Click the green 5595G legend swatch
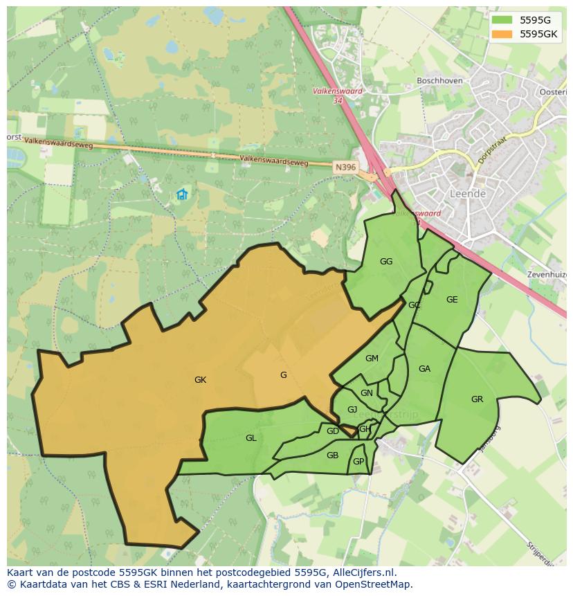[503, 20]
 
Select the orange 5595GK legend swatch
[503, 34]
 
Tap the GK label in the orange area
[201, 380]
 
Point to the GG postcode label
[386, 262]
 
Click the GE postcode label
[452, 300]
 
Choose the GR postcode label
[477, 399]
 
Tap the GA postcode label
[424, 369]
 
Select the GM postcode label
[372, 359]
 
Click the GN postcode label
[367, 393]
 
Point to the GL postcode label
[251, 438]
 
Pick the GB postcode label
[332, 455]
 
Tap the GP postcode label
[358, 462]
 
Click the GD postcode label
[332, 431]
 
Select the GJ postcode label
[352, 410]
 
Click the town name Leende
[467, 195]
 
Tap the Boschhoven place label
[439, 81]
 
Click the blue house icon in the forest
[182, 195]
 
